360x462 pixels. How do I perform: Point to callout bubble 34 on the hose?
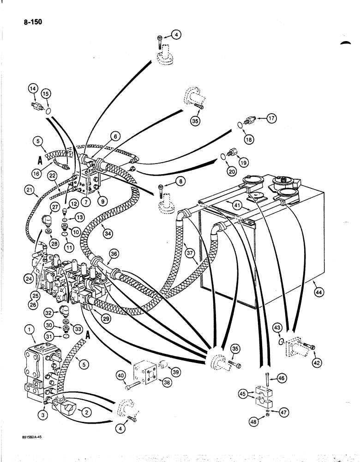[x=108, y=235]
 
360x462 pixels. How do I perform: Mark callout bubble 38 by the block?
[x=163, y=382]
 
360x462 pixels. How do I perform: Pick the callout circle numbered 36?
[x=114, y=254]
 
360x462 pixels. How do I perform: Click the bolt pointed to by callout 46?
[x=268, y=369]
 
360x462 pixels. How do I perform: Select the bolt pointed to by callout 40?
[x=134, y=381]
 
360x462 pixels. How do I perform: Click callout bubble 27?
[x=55, y=208]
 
